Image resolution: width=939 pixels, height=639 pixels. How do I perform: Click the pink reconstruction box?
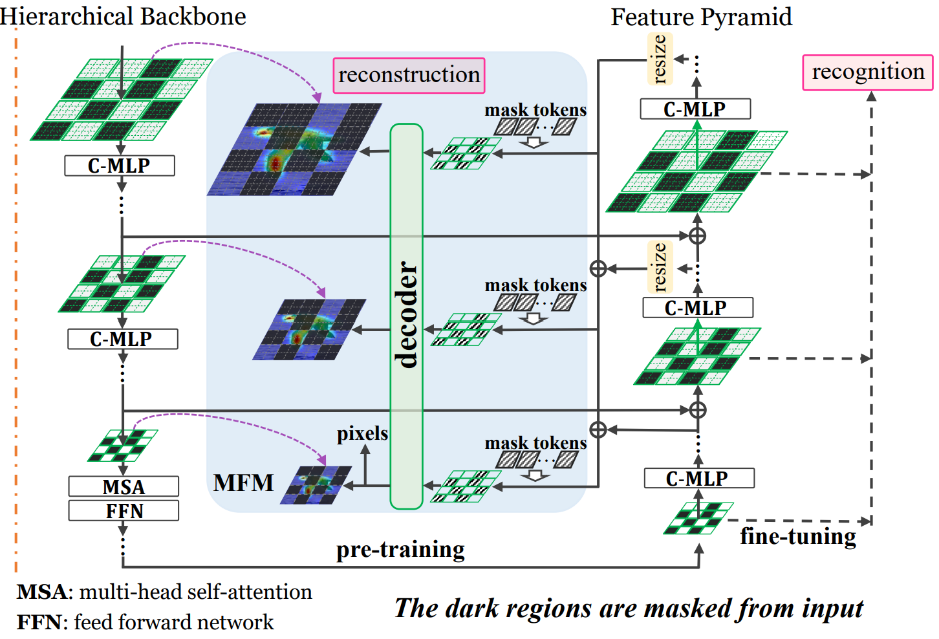tap(409, 75)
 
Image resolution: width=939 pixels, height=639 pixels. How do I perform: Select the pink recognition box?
tap(868, 72)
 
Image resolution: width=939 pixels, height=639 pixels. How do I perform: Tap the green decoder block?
tap(406, 316)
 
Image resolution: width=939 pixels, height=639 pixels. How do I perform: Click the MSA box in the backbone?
tap(124, 486)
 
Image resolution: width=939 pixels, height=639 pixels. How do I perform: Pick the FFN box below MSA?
tap(124, 511)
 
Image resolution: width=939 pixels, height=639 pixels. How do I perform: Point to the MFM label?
tap(244, 483)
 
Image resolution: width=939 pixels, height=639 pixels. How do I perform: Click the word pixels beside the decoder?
tap(362, 433)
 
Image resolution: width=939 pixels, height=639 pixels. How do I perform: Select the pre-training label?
tap(400, 549)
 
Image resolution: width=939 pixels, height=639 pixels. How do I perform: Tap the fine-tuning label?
tap(798, 536)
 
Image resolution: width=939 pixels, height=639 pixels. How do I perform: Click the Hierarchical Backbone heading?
tap(123, 16)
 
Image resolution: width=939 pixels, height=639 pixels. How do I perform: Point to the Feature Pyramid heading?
tap(701, 17)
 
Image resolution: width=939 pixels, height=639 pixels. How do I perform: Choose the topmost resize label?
tap(660, 59)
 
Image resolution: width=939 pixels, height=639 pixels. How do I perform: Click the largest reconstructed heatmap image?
tap(294, 149)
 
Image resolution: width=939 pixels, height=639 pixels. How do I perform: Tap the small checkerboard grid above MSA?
tap(123, 445)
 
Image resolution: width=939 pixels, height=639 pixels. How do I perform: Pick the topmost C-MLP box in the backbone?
tap(120, 166)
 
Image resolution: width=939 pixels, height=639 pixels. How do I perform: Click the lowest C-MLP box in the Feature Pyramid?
tap(699, 479)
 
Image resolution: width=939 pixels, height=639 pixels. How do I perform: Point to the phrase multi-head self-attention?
tap(195, 592)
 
